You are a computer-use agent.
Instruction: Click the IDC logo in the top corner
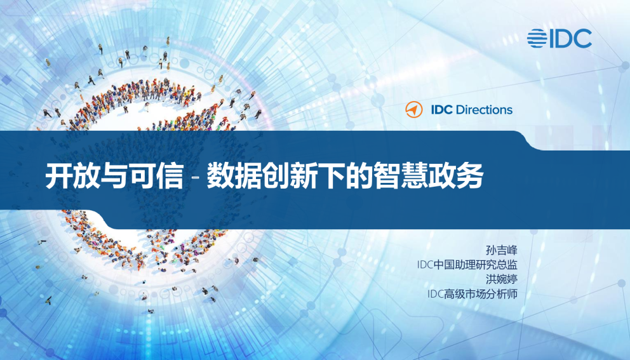(x=560, y=38)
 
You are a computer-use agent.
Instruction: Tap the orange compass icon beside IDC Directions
(x=413, y=109)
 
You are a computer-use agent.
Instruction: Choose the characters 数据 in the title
(x=232, y=176)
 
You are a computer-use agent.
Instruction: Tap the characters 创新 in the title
(x=290, y=176)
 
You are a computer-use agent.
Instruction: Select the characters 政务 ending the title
(x=462, y=176)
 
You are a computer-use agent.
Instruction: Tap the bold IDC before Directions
(x=441, y=109)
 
